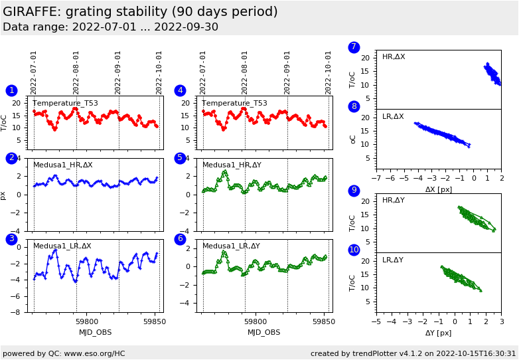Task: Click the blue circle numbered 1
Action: click(x=11, y=90)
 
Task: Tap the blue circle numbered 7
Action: click(x=354, y=47)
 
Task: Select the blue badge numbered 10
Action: click(x=354, y=250)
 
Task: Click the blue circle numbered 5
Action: click(x=180, y=158)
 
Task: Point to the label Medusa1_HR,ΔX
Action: click(x=63, y=165)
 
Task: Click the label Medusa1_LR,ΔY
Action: click(x=231, y=246)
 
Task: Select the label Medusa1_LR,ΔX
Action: click(x=62, y=246)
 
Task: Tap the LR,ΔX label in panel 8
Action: click(x=393, y=116)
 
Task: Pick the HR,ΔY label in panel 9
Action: click(x=393, y=200)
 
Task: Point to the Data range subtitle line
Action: click(x=110, y=27)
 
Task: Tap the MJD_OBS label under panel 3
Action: click(x=95, y=332)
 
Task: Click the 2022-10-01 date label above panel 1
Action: click(x=159, y=72)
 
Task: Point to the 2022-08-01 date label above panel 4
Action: click(x=245, y=72)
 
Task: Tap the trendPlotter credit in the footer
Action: click(x=413, y=353)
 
